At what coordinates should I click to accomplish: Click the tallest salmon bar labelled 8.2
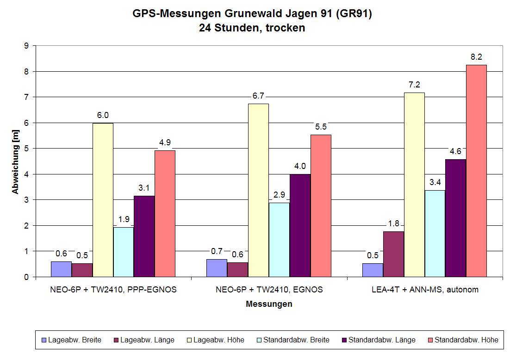pyautogui.click(x=476, y=171)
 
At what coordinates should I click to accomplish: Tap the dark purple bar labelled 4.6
pyautogui.click(x=455, y=218)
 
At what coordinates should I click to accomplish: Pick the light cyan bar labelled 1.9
pyautogui.click(x=124, y=252)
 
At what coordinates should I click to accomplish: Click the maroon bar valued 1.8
pyautogui.click(x=393, y=254)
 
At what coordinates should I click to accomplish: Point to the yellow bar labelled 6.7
pyautogui.click(x=258, y=190)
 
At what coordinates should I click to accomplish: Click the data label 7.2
pyautogui.click(x=414, y=85)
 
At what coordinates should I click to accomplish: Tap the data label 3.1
pyautogui.click(x=144, y=188)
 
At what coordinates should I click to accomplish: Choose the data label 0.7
pyautogui.click(x=217, y=251)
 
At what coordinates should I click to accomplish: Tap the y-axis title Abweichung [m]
pyautogui.click(x=15, y=161)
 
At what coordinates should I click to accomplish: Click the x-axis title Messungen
pyautogui.click(x=269, y=304)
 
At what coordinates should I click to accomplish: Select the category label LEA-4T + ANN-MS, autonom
pyautogui.click(x=424, y=290)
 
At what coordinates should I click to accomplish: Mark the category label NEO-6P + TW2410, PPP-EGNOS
pyautogui.click(x=113, y=290)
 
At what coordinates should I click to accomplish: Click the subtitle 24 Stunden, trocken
pyautogui.click(x=252, y=28)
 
